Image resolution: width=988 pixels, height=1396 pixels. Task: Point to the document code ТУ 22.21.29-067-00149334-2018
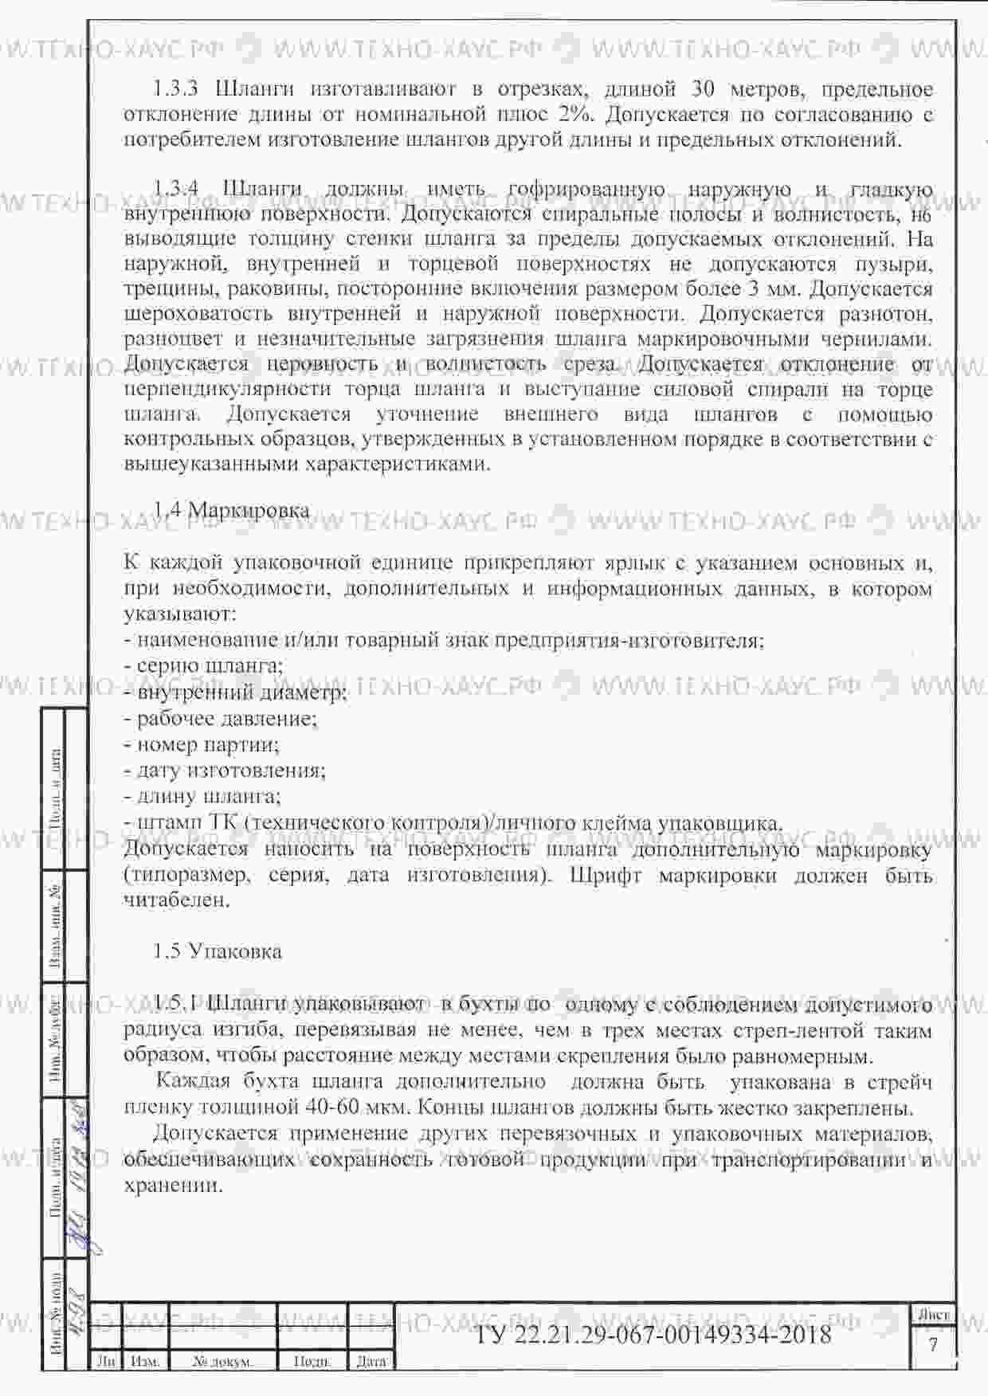(x=653, y=1334)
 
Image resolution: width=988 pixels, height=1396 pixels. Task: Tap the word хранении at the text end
(x=172, y=1185)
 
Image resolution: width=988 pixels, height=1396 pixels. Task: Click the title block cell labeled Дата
(x=371, y=1362)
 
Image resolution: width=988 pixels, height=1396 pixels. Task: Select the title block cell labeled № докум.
(x=222, y=1362)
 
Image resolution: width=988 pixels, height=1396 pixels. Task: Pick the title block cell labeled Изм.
(x=145, y=1362)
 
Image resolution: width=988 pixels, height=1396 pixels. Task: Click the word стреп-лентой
(x=799, y=1031)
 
